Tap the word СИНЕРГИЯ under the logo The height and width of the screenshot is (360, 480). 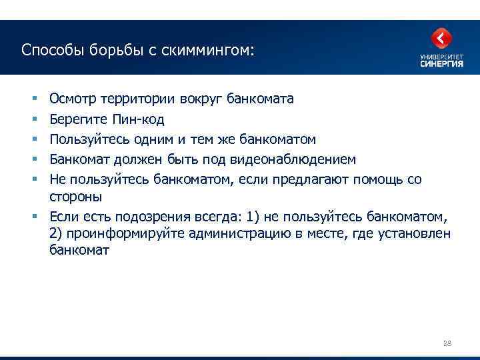[x=441, y=64]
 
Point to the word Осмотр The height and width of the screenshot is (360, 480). [x=73, y=99]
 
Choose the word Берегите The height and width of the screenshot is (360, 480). [x=77, y=119]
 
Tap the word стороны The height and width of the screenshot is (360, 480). [x=75, y=197]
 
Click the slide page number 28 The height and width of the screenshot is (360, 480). [x=447, y=343]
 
